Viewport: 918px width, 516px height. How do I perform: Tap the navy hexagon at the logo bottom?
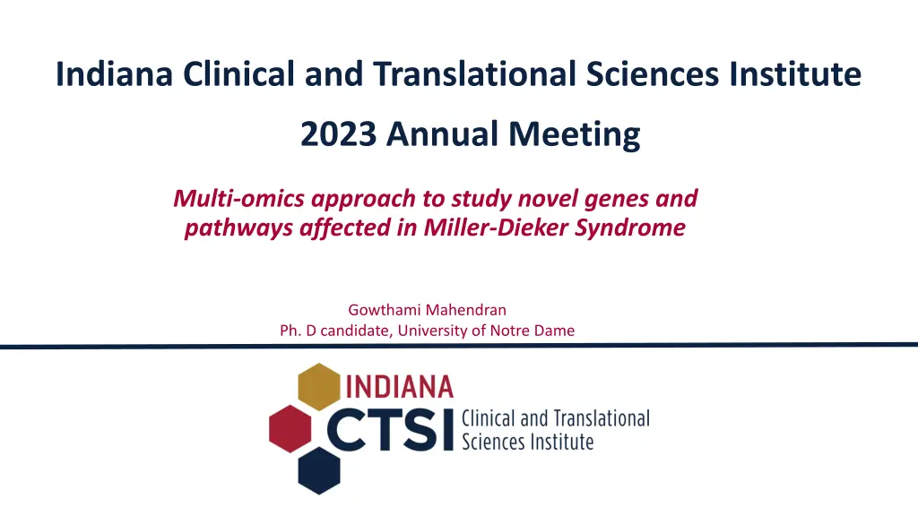pyautogui.click(x=319, y=469)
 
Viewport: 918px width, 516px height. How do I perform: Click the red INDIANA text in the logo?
pyautogui.click(x=400, y=387)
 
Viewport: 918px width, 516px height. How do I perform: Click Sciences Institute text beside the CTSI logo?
pyautogui.click(x=527, y=442)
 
